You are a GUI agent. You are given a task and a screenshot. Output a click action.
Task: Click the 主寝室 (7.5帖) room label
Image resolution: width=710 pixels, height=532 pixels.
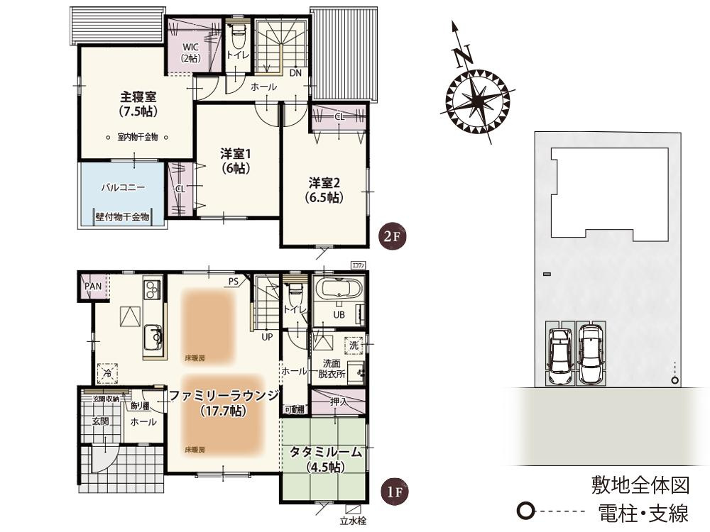(138, 104)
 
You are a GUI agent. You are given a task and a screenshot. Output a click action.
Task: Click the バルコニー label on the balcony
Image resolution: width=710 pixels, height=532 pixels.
(123, 189)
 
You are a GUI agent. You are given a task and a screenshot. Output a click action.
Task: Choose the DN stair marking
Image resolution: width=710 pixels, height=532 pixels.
(295, 73)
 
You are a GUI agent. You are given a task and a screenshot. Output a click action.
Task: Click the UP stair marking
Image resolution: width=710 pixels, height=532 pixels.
(267, 337)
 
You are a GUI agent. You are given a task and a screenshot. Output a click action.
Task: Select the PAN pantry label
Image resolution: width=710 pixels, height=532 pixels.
(93, 286)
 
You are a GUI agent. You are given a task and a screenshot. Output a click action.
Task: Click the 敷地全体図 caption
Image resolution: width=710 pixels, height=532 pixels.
(640, 485)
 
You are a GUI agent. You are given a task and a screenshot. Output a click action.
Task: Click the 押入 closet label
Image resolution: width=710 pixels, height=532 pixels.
(339, 402)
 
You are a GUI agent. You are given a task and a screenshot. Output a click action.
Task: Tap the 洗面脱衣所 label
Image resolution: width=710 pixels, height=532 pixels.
(332, 367)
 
